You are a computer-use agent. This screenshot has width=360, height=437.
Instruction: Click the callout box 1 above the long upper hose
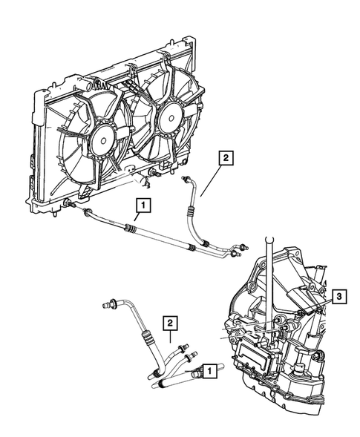143,206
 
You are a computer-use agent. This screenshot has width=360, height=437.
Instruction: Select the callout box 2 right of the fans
226,158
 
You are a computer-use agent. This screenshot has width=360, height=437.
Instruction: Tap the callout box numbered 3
338,297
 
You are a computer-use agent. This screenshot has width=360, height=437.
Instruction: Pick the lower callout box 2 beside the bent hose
170,323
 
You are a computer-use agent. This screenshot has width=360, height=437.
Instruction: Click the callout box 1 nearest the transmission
210,371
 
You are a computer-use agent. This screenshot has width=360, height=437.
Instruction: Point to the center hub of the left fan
103,141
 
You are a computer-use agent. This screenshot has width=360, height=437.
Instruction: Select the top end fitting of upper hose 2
184,178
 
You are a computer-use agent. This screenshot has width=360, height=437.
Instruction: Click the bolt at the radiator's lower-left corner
68,203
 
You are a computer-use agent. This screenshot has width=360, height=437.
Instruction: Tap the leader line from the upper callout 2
211,181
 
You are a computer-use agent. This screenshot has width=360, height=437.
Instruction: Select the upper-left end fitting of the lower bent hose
108,303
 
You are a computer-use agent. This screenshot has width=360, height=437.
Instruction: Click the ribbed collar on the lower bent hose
148,337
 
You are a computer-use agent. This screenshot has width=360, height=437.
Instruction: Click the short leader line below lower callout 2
170,336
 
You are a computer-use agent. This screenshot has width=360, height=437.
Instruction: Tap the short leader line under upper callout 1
137,217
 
